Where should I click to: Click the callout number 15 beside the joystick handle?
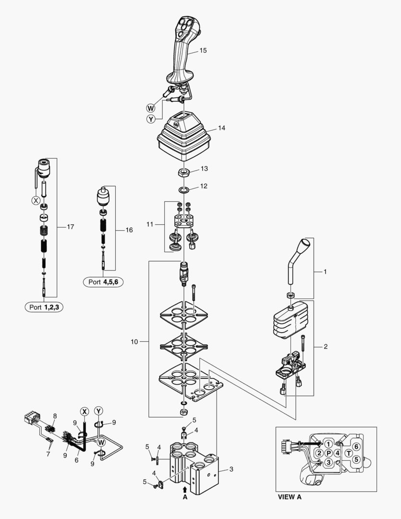[x=203, y=50]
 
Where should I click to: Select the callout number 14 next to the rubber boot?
[x=221, y=128]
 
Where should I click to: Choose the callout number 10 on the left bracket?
[x=134, y=342]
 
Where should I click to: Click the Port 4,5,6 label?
[x=103, y=282]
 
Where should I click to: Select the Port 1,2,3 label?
[x=44, y=308]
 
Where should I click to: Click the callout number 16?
[x=129, y=230]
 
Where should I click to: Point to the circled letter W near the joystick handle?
[x=151, y=108]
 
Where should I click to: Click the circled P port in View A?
[x=328, y=453]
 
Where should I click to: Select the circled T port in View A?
[x=349, y=453]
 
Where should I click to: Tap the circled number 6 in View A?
[x=356, y=446]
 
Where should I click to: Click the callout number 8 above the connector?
[x=55, y=416]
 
